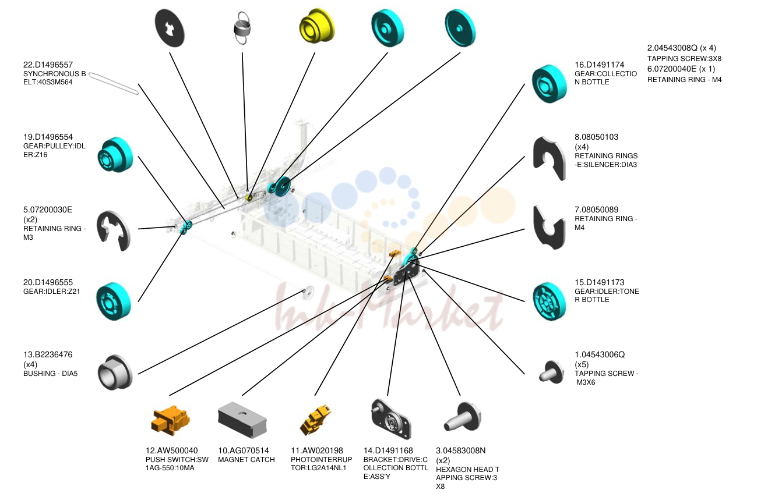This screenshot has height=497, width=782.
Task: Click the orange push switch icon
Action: coord(170,420)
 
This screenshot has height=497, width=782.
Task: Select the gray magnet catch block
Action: coord(242,420)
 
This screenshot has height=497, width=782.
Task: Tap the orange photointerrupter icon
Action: coord(315,420)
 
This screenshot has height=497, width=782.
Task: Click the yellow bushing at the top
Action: coord(317,26)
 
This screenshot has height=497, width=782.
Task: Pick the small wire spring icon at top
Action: coord(242,28)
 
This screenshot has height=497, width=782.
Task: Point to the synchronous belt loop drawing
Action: coord(114,84)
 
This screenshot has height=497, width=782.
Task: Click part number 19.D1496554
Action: coord(48,137)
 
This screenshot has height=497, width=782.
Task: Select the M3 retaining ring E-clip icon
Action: coord(114,230)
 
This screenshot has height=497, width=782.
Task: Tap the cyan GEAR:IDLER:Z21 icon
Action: coord(114,301)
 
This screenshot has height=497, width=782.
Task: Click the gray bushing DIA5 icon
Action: coord(115,372)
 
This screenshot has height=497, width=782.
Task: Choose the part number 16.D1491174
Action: coord(600,65)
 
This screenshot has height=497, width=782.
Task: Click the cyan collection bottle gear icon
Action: coord(549,84)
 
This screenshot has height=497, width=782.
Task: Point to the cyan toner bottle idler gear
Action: coord(549,301)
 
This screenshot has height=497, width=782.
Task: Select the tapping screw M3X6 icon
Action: coord(551,372)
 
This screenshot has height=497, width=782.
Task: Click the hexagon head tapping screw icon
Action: coord(462,417)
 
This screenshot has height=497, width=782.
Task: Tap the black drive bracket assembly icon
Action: coord(391,419)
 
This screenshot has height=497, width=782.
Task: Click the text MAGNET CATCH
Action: coord(246,460)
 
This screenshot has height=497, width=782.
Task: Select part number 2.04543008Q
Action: coord(672,48)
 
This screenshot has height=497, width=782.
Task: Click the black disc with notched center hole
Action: coord(170,28)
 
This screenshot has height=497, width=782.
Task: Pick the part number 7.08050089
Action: coord(596,210)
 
